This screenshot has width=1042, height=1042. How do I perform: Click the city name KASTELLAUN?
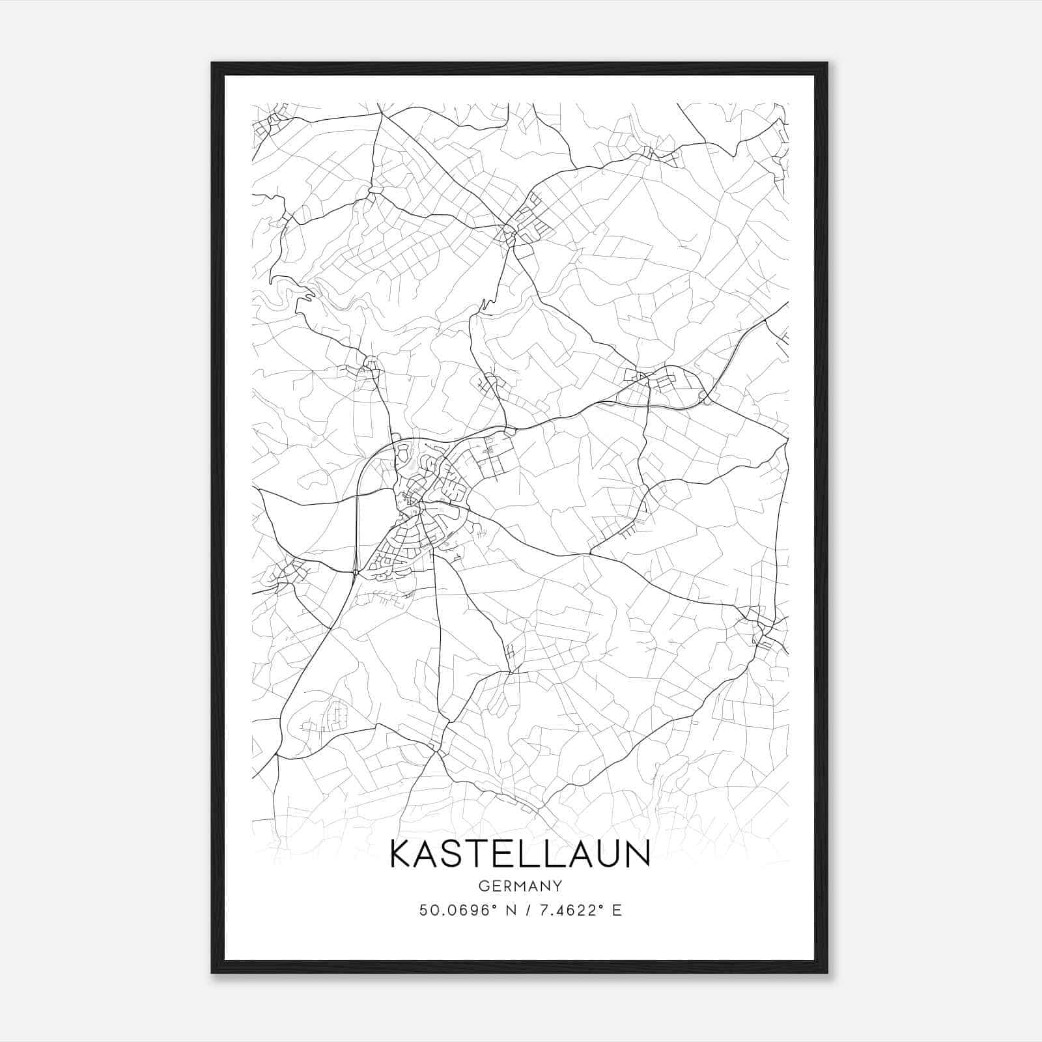(x=520, y=854)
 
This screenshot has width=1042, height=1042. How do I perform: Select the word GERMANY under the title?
(x=520, y=886)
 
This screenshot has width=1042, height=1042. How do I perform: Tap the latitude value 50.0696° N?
(x=466, y=910)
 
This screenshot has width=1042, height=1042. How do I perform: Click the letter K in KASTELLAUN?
(x=402, y=854)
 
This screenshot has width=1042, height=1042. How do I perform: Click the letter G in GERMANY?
(x=483, y=886)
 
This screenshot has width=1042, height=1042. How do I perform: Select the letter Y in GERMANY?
(x=557, y=886)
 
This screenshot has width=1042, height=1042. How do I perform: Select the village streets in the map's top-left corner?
(x=270, y=124)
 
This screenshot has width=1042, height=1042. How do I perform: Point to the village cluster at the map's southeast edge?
(x=759, y=625)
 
